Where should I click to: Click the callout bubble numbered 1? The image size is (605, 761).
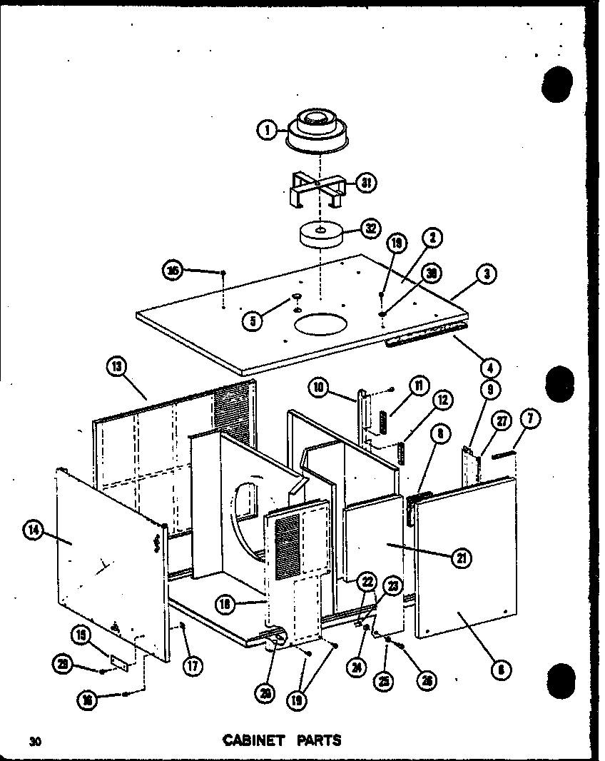[x=265, y=130]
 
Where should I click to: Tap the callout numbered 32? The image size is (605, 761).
[x=370, y=229]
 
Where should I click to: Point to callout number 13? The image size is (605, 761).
[x=116, y=368]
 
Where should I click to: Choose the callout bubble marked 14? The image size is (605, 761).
[x=33, y=530]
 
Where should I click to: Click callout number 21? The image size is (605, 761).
[x=461, y=557]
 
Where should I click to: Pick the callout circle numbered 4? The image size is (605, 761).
[x=490, y=368]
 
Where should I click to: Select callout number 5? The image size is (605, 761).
[x=252, y=321]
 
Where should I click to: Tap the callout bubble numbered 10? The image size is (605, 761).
[x=319, y=388]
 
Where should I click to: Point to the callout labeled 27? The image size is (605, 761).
[x=502, y=420]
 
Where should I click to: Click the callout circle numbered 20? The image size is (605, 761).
[x=264, y=692]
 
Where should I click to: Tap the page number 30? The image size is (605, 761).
[x=34, y=741]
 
